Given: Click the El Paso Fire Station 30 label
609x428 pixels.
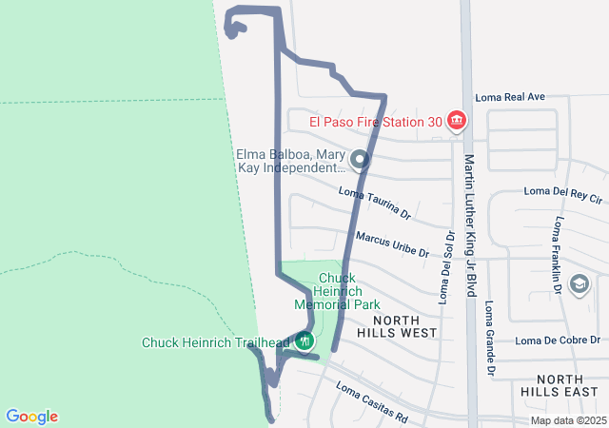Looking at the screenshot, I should [x=376, y=122].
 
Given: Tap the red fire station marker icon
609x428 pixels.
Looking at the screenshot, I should [x=457, y=122].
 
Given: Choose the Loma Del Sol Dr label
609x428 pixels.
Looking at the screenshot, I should [x=446, y=266].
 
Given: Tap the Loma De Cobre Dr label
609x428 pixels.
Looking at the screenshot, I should [x=557, y=340].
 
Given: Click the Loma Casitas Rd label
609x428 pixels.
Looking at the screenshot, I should [x=372, y=403].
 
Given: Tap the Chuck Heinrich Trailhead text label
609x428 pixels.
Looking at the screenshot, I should [x=216, y=342].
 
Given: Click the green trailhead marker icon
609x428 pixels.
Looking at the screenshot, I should [x=304, y=340].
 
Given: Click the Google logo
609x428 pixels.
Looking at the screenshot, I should [x=31, y=417].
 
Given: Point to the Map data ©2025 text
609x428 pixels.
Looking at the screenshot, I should [x=567, y=420].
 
